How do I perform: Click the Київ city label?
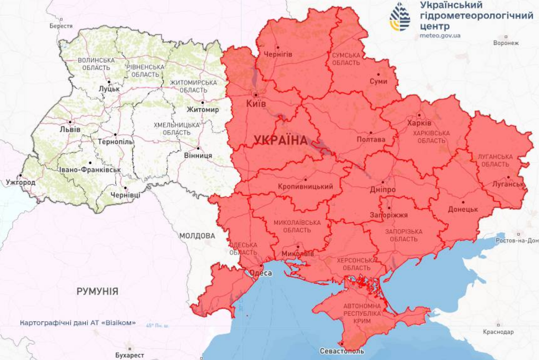[257, 104]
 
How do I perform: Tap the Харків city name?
[419, 123]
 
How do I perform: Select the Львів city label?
[70, 129]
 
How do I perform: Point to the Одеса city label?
[260, 273]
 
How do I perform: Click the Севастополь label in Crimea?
[341, 351]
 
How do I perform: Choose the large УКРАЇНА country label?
[280, 140]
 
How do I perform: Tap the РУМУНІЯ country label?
[97, 291]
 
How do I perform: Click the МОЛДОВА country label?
[197, 236]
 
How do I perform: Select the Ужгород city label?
[21, 183]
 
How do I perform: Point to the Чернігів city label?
[278, 54]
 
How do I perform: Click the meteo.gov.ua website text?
[440, 36]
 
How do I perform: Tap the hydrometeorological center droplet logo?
[400, 17]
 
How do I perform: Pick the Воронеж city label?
[506, 43]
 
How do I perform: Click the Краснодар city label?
[498, 332]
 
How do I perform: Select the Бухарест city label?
[129, 355]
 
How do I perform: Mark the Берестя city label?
[61, 26]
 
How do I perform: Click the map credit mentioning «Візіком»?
[78, 323]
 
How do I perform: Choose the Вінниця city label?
[198, 156]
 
